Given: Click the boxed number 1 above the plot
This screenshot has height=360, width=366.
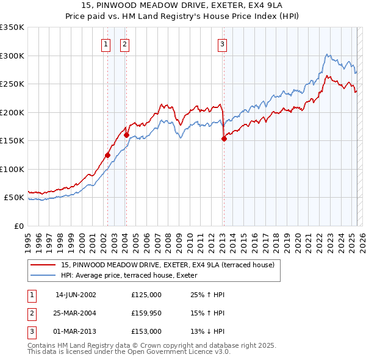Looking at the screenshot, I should (x=106, y=44).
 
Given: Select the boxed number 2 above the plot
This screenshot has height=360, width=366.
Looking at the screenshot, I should (x=124, y=44).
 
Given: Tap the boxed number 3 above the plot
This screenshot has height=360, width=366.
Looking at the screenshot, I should (x=223, y=44).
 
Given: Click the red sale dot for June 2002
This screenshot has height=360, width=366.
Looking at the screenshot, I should (x=107, y=155).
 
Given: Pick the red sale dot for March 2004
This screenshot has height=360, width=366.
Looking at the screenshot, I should (x=126, y=135).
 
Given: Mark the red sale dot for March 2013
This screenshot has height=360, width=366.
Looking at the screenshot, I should (x=224, y=139).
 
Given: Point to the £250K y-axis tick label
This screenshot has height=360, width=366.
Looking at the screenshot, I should (x=12, y=84).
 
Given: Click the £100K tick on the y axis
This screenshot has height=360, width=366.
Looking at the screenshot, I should (x=12, y=169).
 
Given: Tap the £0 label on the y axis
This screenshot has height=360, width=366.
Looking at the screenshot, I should (x=18, y=226).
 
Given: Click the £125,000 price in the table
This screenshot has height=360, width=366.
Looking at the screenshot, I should (x=146, y=295).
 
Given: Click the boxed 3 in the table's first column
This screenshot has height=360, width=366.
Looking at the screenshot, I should (x=30, y=331).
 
